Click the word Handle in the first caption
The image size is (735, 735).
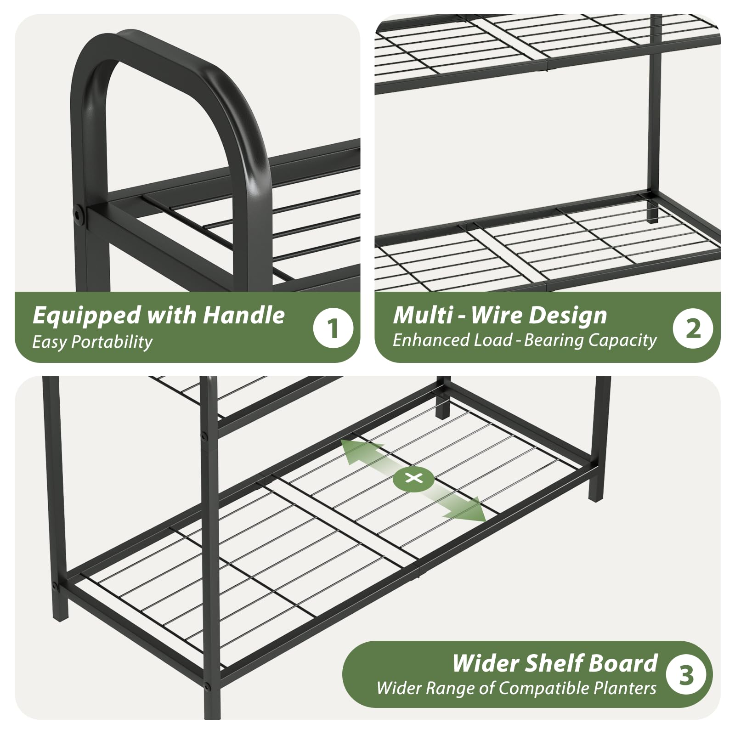click(x=243, y=316)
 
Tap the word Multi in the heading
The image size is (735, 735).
click(x=423, y=316)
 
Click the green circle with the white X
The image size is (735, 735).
click(x=414, y=478)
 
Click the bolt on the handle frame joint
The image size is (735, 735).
click(x=79, y=215)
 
